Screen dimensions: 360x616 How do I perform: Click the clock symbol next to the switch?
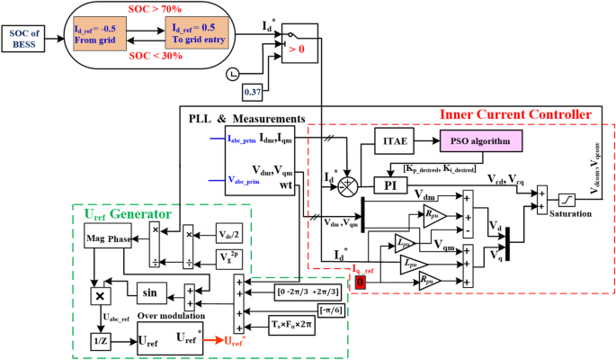[233, 72]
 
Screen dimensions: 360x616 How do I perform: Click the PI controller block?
[389, 184]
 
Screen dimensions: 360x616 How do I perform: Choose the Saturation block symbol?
[568, 199]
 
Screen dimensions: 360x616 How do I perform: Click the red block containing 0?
[361, 283]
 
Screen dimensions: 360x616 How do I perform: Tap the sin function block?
[149, 292]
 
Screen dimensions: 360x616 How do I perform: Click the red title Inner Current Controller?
[514, 115]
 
